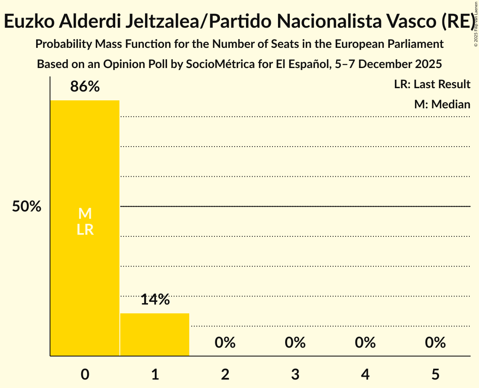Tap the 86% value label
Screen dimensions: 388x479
pyautogui.click(x=85, y=87)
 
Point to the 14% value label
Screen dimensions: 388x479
pyautogui.click(x=155, y=300)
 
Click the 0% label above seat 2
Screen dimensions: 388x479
pyautogui.click(x=225, y=343)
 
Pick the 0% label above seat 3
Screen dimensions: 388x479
pyautogui.click(x=295, y=343)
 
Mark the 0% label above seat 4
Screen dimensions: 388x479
pyautogui.click(x=365, y=343)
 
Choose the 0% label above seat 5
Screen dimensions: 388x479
pyautogui.click(x=435, y=343)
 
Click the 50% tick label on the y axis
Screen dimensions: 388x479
pyautogui.click(x=26, y=207)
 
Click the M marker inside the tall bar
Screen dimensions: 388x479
pyautogui.click(x=85, y=214)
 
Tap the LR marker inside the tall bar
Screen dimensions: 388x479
pyautogui.click(x=85, y=230)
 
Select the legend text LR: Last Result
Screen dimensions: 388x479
pyautogui.click(x=432, y=84)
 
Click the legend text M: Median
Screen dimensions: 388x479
pyautogui.click(x=442, y=104)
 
